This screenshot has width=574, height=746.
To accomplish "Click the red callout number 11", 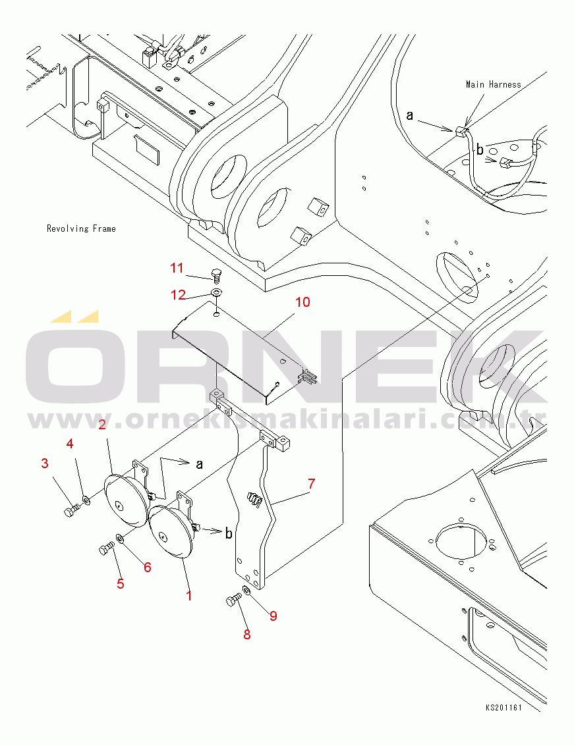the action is (177, 269).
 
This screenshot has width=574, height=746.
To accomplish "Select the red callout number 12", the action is (178, 295).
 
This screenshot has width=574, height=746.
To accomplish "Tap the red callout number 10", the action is (302, 302).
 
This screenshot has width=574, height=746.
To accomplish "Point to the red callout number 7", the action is (312, 484).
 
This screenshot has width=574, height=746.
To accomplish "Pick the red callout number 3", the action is (45, 464).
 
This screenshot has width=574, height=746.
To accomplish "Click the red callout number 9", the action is (273, 616).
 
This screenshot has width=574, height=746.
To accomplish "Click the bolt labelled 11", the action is (216, 275).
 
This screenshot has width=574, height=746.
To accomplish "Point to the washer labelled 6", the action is (120, 539).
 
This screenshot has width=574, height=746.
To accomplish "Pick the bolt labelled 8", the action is (233, 600).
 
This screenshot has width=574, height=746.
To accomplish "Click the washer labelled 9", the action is (246, 591).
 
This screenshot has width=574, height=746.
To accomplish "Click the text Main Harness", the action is (493, 85).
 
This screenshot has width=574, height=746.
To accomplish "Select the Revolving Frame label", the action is (81, 229).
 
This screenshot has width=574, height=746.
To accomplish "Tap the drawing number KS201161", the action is (503, 707).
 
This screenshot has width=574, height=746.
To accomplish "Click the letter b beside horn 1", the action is (229, 533).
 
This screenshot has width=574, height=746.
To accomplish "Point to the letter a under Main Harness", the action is (410, 116).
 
